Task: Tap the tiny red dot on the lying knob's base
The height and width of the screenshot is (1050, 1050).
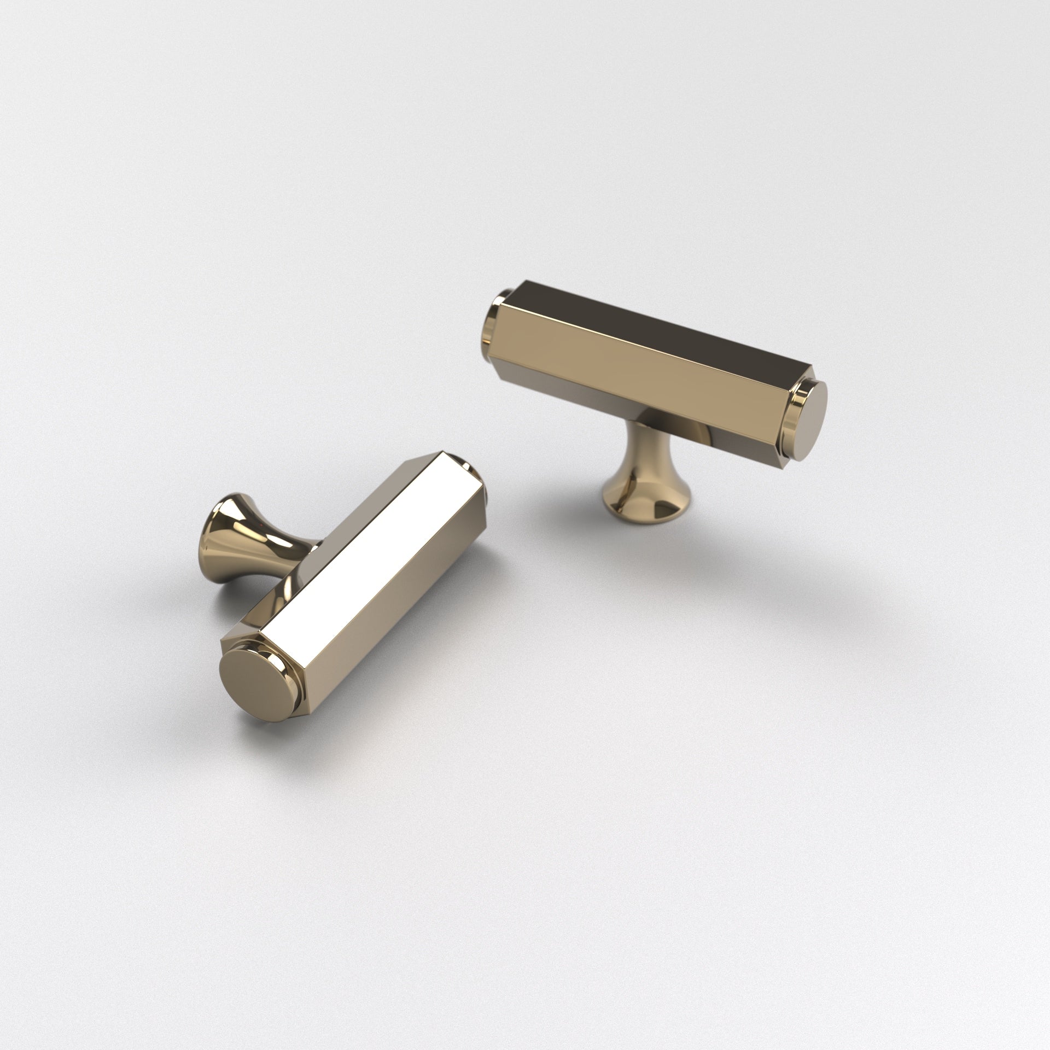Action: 266,524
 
